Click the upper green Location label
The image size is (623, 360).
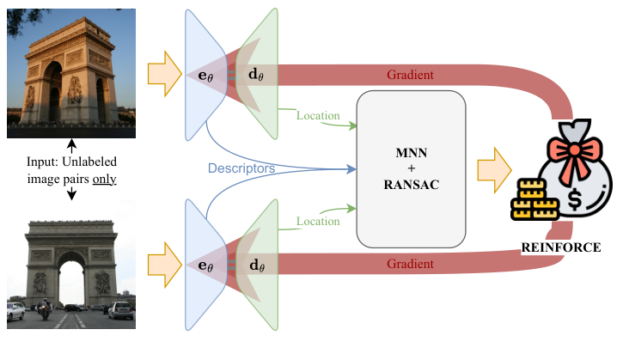click(x=318, y=116)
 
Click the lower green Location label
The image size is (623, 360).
click(x=318, y=222)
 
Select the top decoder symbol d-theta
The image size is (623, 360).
click(x=257, y=75)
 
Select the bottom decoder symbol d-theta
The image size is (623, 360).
click(x=257, y=265)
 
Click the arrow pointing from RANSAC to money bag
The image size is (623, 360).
click(x=495, y=165)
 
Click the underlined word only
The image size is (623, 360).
click(x=102, y=180)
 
